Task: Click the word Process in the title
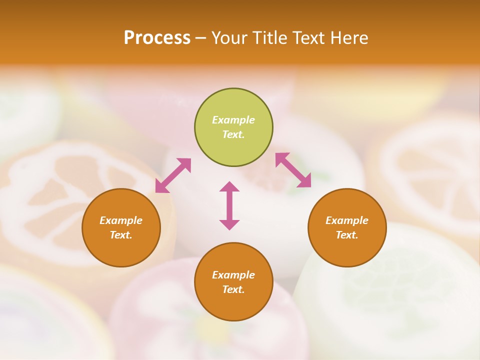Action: pyautogui.click(x=157, y=38)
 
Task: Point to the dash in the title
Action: pyautogui.click(x=201, y=38)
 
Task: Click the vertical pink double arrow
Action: pyautogui.click(x=229, y=205)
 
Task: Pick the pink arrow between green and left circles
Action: pyautogui.click(x=173, y=175)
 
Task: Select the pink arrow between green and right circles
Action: pyautogui.click(x=293, y=170)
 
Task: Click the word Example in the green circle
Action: pyautogui.click(x=233, y=120)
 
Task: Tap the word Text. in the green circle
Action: pyautogui.click(x=233, y=134)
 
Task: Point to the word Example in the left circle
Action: pyautogui.click(x=121, y=220)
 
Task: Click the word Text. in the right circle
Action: pyautogui.click(x=347, y=235)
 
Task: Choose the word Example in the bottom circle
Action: pyautogui.click(x=233, y=275)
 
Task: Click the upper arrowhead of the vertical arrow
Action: pyautogui.click(x=229, y=186)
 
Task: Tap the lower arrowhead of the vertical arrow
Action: pyautogui.click(x=229, y=224)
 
